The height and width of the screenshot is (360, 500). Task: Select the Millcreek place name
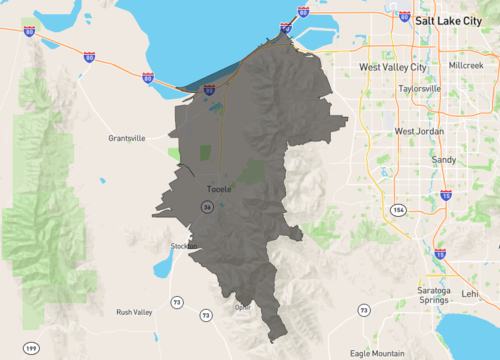tap(466, 65)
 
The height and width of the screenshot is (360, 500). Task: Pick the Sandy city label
tap(443, 159)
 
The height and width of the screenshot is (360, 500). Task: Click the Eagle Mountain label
tap(378, 353)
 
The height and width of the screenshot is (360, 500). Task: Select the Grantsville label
tap(127, 139)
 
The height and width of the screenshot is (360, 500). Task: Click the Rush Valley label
tap(134, 312)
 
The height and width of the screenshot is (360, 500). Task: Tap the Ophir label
tap(242, 307)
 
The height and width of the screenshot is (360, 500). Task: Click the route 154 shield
tap(398, 211)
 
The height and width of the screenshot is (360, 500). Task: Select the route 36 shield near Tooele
tap(205, 207)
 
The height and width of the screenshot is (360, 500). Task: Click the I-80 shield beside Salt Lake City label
tap(403, 17)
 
